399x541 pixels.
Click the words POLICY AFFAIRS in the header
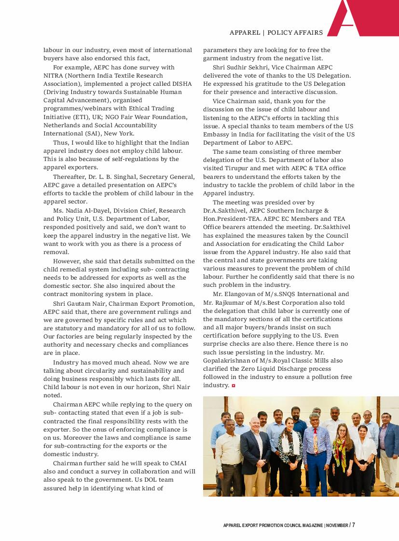(295, 32)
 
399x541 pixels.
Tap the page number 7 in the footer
(353, 525)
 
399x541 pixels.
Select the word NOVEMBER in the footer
(337, 525)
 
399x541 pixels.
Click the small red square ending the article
(234, 386)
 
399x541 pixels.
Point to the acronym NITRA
(55, 75)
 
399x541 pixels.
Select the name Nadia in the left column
(74, 210)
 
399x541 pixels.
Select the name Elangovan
(242, 294)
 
